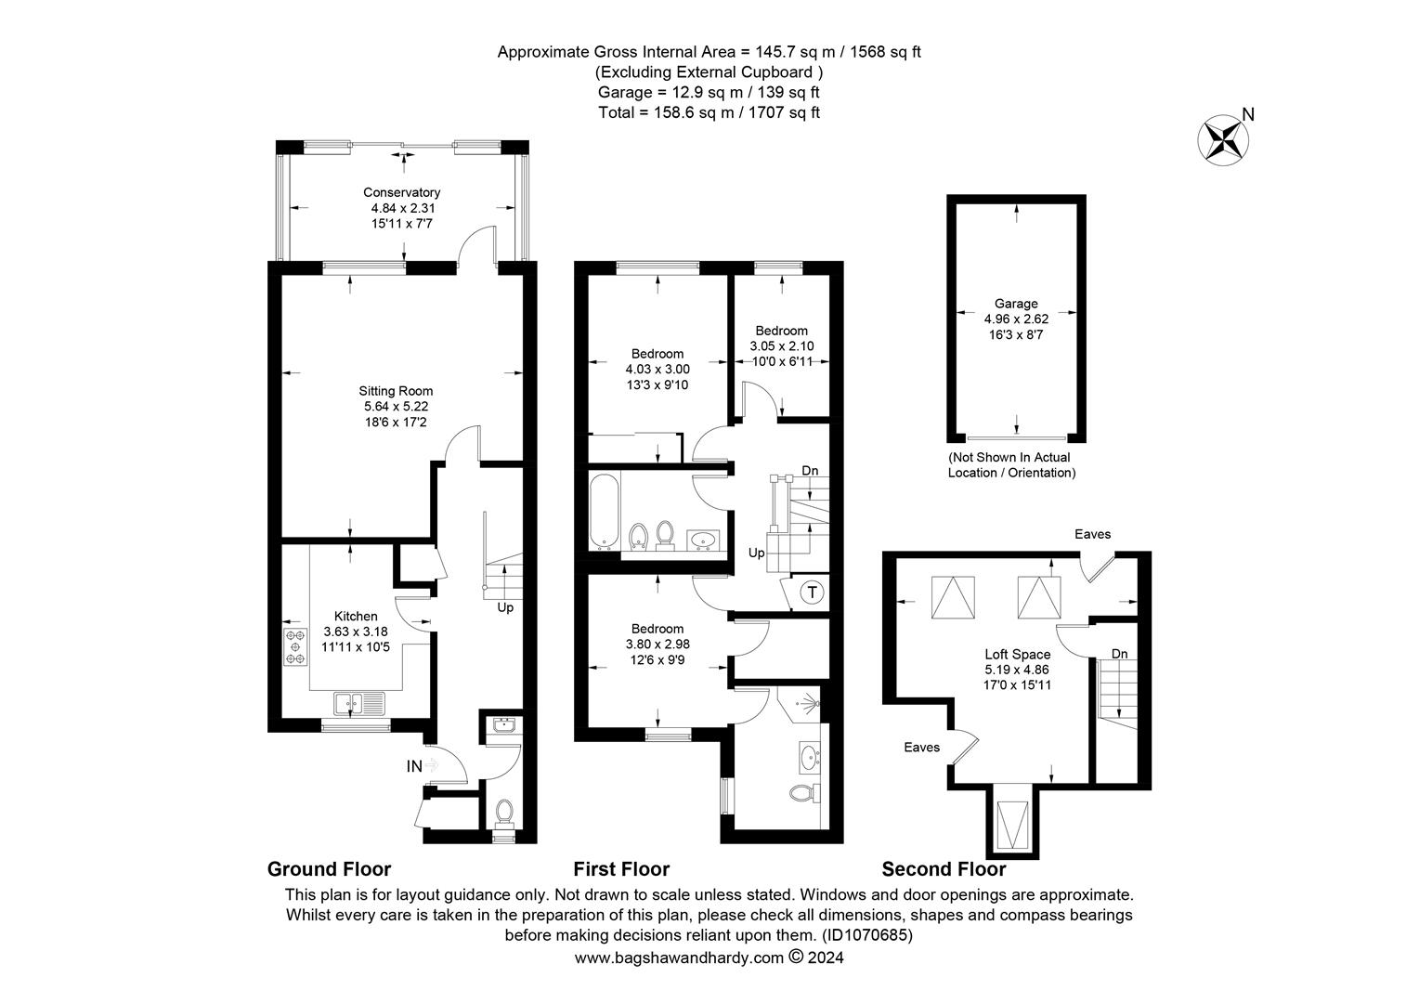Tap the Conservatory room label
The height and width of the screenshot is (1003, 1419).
pos(401,192)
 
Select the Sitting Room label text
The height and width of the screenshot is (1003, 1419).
pos(397,391)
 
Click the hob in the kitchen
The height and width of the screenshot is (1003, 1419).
pos(295,646)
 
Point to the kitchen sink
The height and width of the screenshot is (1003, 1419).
pos(358,704)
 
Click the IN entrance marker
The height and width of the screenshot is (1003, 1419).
pos(414,766)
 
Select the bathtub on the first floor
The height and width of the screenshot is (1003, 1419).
pos(603,512)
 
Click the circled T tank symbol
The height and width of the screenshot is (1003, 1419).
pos(812,592)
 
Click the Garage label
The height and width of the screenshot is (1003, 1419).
pos(1016,304)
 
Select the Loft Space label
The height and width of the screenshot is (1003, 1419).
pos(1018,654)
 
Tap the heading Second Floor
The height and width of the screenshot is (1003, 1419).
pos(943,869)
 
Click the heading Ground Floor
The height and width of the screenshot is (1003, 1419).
pos(329,869)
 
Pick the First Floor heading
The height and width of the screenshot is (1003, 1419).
pos(620,869)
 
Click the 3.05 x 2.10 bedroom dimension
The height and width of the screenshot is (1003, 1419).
pos(781,345)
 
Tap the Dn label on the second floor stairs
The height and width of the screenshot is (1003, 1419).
pos(1119,654)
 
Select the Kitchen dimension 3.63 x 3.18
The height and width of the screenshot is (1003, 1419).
pos(356,631)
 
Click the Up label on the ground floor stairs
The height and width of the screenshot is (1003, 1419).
pos(505,608)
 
